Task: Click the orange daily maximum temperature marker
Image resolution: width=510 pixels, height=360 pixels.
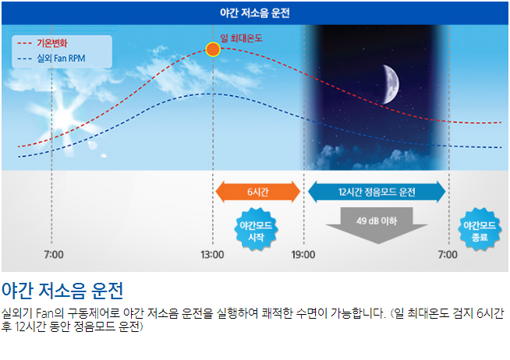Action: (213, 50)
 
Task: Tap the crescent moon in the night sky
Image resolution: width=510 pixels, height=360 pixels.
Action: (391, 84)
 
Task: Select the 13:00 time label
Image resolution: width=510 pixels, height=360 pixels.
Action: (212, 255)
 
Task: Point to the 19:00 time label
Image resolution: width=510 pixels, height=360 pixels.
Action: (303, 255)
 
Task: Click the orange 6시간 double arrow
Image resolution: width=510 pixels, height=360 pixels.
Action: (258, 192)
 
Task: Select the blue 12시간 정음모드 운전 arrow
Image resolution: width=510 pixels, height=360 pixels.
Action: (377, 192)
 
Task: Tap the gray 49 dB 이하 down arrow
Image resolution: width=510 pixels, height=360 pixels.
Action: (377, 225)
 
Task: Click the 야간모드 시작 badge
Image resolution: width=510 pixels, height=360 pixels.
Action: (256, 230)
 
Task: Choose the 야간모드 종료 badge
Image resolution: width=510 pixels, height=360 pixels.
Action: (480, 230)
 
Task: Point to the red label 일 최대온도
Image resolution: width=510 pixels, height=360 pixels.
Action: (241, 38)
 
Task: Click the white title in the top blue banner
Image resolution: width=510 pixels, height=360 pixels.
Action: (255, 13)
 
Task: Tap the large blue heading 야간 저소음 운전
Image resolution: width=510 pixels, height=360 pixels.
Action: (62, 291)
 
